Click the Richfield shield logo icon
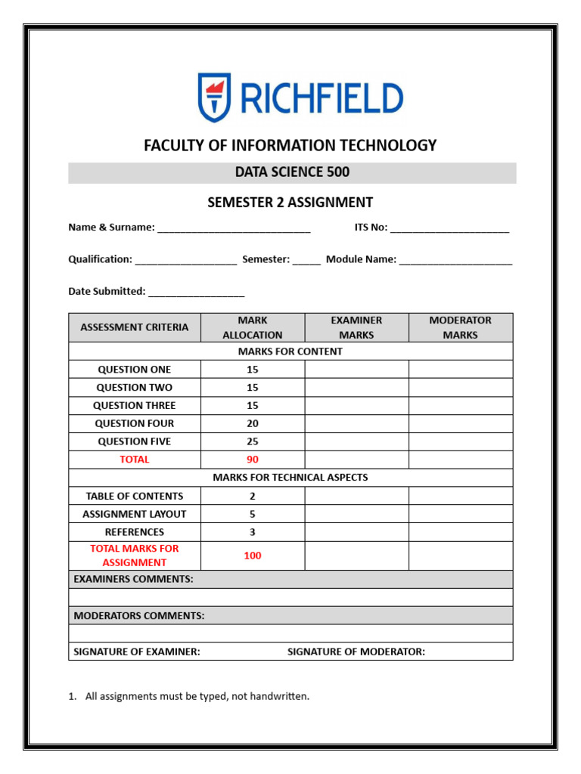click(214, 98)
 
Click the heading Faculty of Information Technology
click(290, 145)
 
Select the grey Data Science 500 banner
click(292, 172)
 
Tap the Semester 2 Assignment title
click(290, 203)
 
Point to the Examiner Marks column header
click(356, 327)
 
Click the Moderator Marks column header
click(460, 327)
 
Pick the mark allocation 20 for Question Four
click(253, 424)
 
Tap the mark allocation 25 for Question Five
click(253, 441)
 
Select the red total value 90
click(253, 460)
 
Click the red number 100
click(253, 556)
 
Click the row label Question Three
click(135, 406)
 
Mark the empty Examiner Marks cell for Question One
click(356, 370)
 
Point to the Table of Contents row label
click(135, 496)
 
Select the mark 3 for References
click(253, 532)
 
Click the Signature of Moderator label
click(356, 652)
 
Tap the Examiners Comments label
click(133, 579)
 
